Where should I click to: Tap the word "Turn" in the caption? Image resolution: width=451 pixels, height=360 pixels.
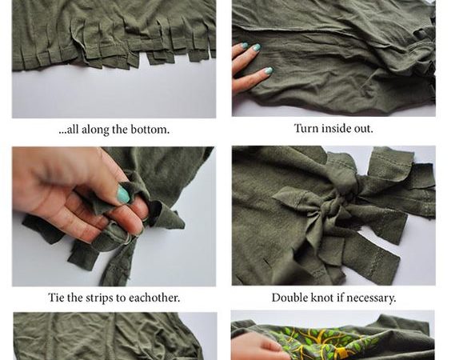(306, 128)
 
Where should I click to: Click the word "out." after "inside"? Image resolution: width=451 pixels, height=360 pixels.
(363, 128)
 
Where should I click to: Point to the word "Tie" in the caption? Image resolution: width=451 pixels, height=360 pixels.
(56, 298)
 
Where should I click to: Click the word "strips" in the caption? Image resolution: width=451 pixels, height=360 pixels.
(98, 298)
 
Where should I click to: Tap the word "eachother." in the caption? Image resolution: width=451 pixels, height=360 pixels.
(154, 298)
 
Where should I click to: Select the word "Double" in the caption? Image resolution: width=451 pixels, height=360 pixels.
(289, 298)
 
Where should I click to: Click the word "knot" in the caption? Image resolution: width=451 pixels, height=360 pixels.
(321, 298)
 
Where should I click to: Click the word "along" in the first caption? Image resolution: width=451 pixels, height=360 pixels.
(95, 130)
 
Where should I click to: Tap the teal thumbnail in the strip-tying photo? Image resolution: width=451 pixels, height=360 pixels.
(123, 194)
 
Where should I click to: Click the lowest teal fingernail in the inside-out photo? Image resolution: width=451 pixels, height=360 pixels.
(268, 70)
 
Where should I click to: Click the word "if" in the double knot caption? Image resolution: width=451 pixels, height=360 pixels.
(340, 298)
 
